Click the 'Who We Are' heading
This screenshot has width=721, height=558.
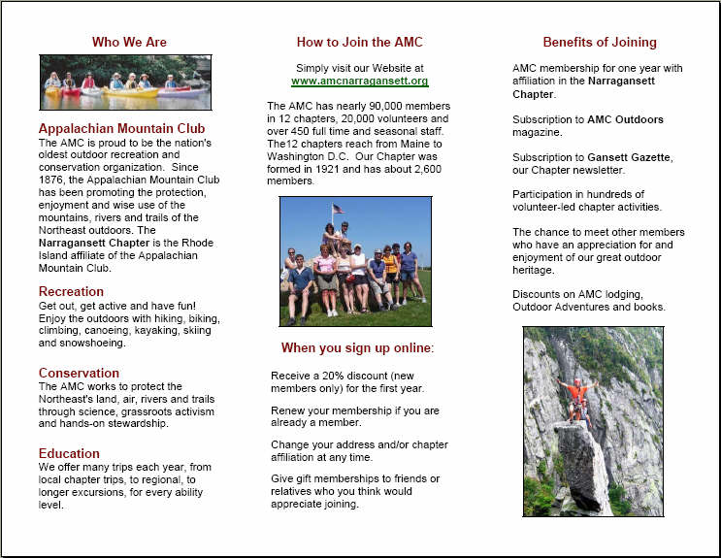(129, 42)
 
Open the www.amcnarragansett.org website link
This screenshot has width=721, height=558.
(359, 82)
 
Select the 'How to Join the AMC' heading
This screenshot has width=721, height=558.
(359, 42)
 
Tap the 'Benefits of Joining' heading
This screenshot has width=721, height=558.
(599, 42)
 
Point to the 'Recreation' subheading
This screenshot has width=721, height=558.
(71, 291)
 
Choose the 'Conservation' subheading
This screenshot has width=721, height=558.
(79, 373)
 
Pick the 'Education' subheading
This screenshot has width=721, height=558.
(69, 453)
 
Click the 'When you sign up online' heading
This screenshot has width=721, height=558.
(358, 347)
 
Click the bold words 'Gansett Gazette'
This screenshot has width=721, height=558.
(630, 157)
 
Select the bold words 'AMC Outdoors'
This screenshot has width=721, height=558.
(626, 119)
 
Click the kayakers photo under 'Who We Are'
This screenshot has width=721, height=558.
(125, 82)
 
